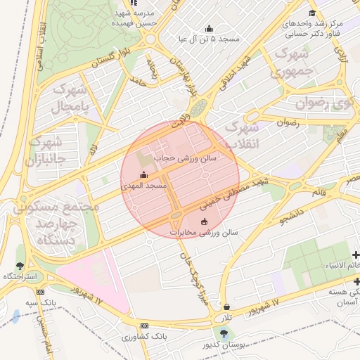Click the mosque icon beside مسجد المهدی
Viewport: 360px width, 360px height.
(x=144, y=174)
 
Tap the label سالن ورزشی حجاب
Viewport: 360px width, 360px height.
(x=186, y=159)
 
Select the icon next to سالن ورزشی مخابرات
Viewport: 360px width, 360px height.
(x=205, y=222)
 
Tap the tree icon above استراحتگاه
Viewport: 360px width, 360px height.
(x=19, y=266)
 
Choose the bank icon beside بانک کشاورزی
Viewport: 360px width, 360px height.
(x=145, y=326)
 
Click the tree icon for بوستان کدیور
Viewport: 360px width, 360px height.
(x=224, y=333)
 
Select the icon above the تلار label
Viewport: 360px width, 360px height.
(x=226, y=307)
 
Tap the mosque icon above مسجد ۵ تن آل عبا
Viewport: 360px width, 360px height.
(x=209, y=29)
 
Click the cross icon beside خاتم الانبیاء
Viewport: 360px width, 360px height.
(x=356, y=255)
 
